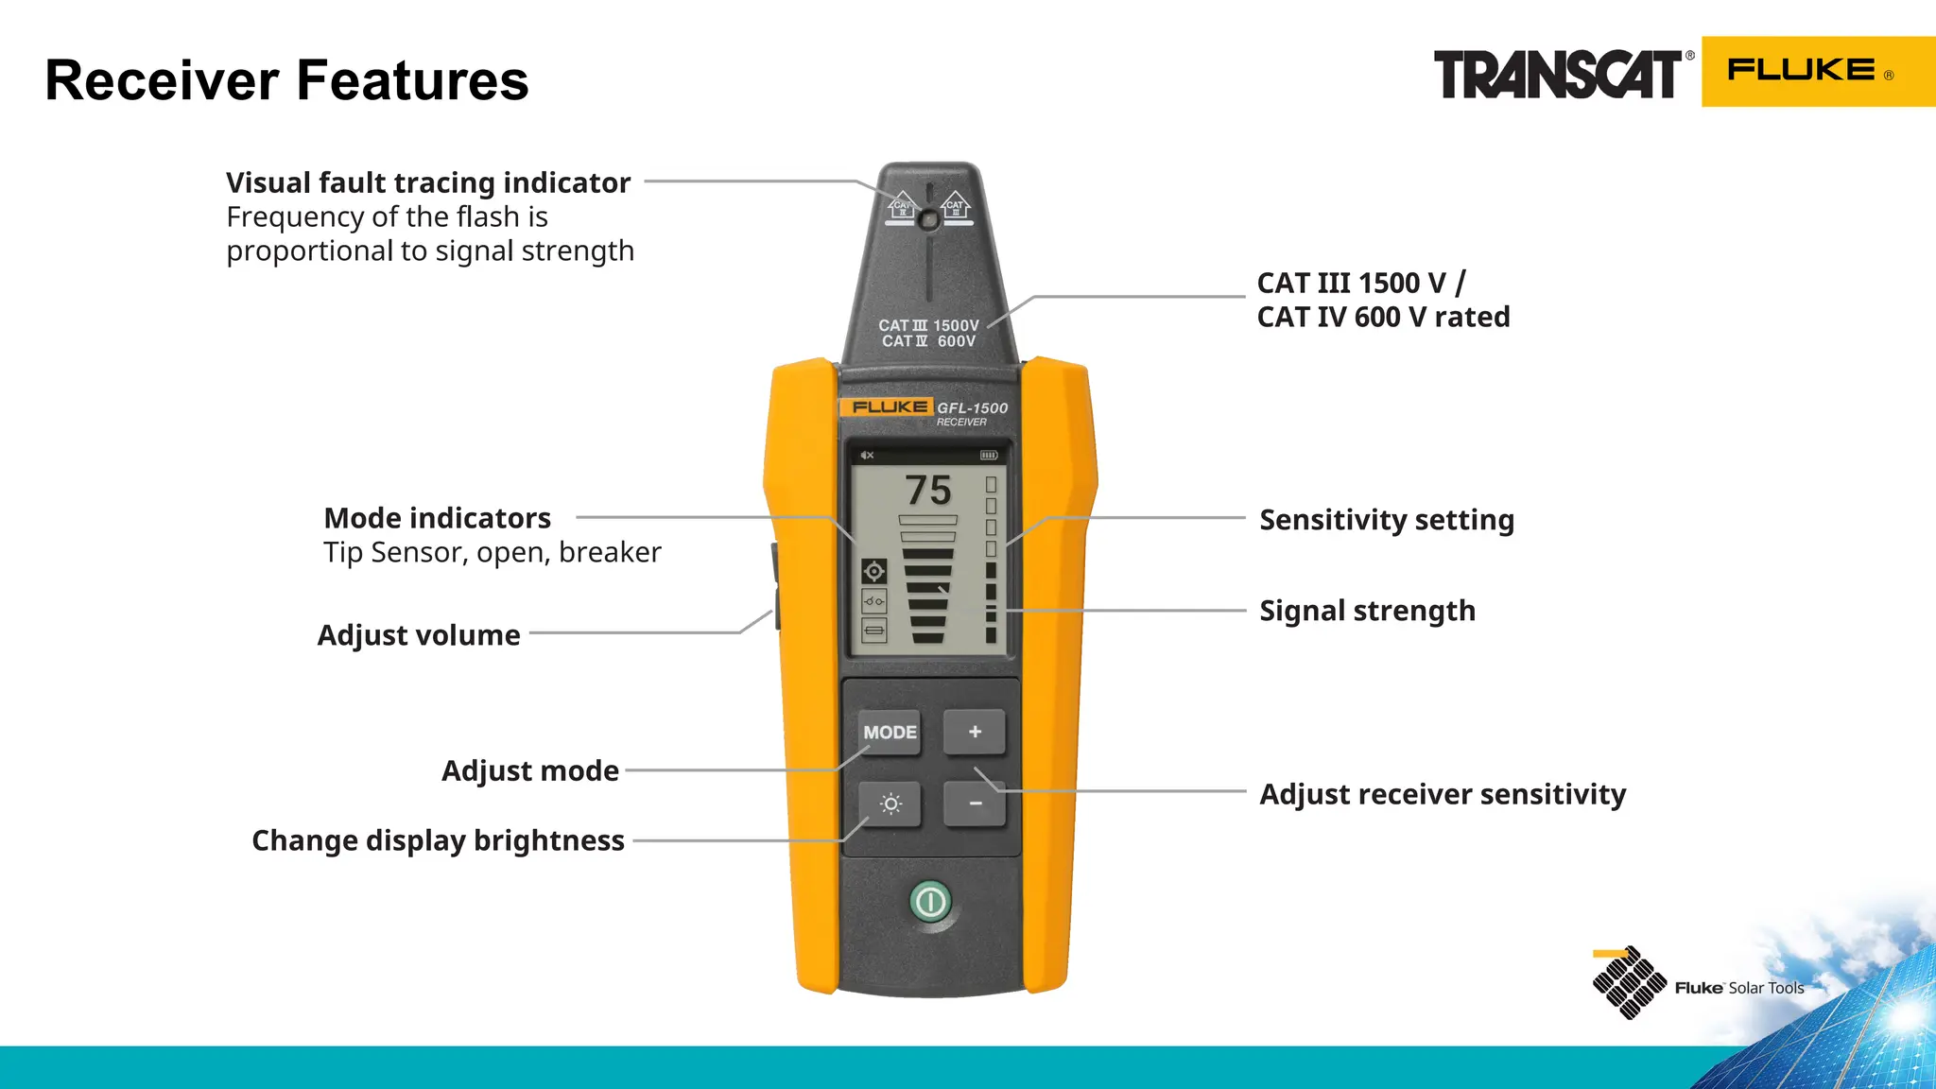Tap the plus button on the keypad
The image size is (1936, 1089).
[975, 732]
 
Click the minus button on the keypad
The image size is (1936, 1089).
[975, 804]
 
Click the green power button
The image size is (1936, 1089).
[930, 902]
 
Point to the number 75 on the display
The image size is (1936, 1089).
[928, 491]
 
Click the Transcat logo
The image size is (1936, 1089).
[1558, 75]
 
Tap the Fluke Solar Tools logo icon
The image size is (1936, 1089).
[1629, 983]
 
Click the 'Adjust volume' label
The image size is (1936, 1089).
[419, 635]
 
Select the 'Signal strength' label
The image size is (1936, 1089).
[1367, 611]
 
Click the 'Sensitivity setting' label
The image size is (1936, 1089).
[1387, 520]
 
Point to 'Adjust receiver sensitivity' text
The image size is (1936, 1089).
[1443, 794]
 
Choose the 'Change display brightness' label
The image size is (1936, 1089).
[438, 840]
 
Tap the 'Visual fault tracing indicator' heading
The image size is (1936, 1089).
[428, 182]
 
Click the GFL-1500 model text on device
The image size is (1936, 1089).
[972, 408]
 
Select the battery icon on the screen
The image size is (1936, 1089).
[989, 456]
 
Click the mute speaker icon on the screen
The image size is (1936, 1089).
[867, 456]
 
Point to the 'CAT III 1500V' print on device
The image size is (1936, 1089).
[928, 325]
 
